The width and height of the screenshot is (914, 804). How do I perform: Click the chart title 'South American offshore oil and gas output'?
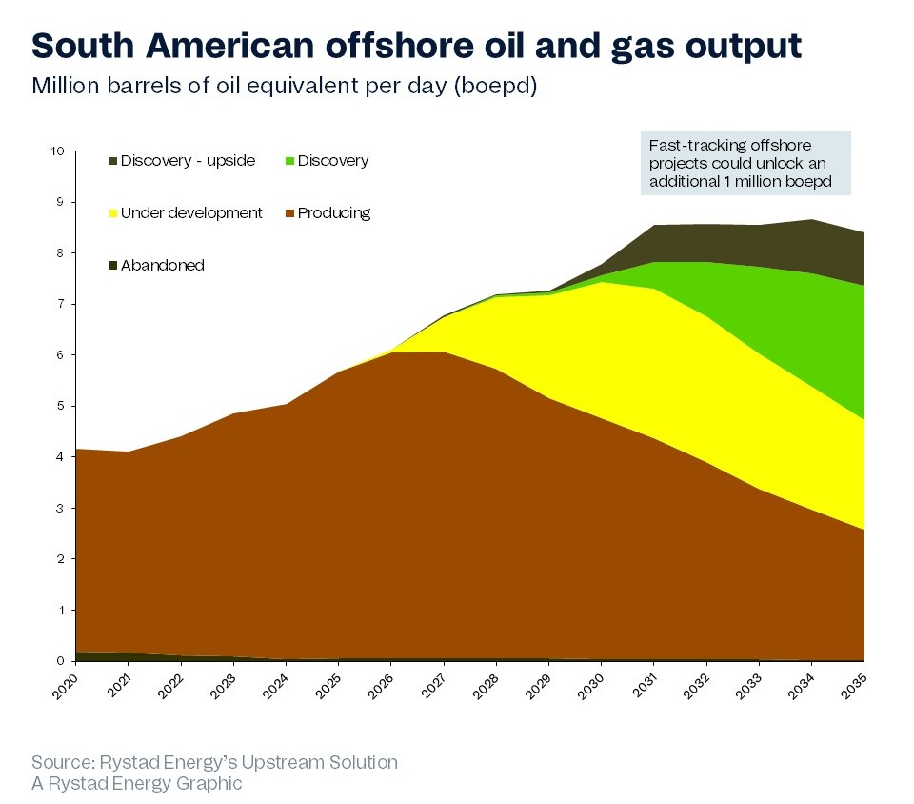pos(416,44)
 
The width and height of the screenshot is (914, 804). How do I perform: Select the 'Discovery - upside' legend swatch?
pos(113,161)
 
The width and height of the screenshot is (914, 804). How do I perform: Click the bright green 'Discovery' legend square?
pos(290,161)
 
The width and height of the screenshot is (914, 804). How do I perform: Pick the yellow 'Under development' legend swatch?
pos(113,213)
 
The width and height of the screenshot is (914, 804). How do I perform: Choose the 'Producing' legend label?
pos(334,212)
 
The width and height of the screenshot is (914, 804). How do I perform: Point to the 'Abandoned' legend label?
pos(163,266)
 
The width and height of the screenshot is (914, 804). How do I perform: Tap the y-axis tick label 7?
pos(61,304)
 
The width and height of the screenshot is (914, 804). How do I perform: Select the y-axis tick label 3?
pos(61,508)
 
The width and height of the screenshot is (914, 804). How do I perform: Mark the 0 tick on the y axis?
pos(61,661)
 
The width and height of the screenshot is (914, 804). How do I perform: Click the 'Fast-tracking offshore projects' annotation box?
pos(745,163)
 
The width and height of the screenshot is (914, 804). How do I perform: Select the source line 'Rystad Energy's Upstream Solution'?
pos(214,762)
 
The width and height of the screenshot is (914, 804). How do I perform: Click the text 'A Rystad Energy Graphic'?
pos(137,784)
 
